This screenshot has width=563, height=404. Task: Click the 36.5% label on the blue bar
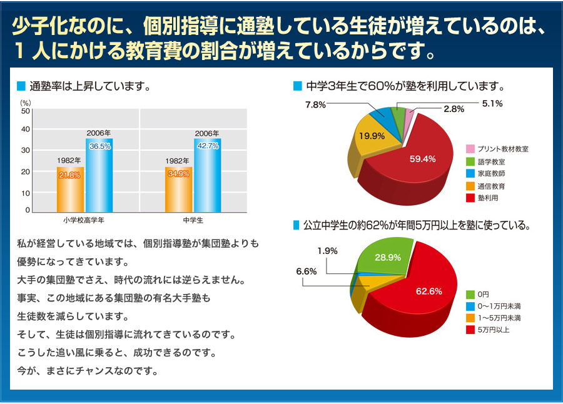click(100, 146)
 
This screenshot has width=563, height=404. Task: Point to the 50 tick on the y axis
click(25, 111)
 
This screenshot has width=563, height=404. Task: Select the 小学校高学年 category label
click(84, 221)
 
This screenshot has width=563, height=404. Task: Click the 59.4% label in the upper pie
click(422, 159)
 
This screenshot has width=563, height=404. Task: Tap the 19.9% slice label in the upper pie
click(372, 135)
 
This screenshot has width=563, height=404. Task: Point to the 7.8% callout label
click(315, 104)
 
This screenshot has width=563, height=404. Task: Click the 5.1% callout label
click(493, 103)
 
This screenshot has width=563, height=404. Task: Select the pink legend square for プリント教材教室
click(470, 149)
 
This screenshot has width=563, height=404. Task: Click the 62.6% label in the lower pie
click(429, 291)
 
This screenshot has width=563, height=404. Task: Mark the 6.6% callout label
click(306, 271)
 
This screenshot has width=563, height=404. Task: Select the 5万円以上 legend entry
click(493, 330)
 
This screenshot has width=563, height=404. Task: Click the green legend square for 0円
click(470, 294)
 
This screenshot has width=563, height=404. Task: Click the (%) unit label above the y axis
click(26, 101)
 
